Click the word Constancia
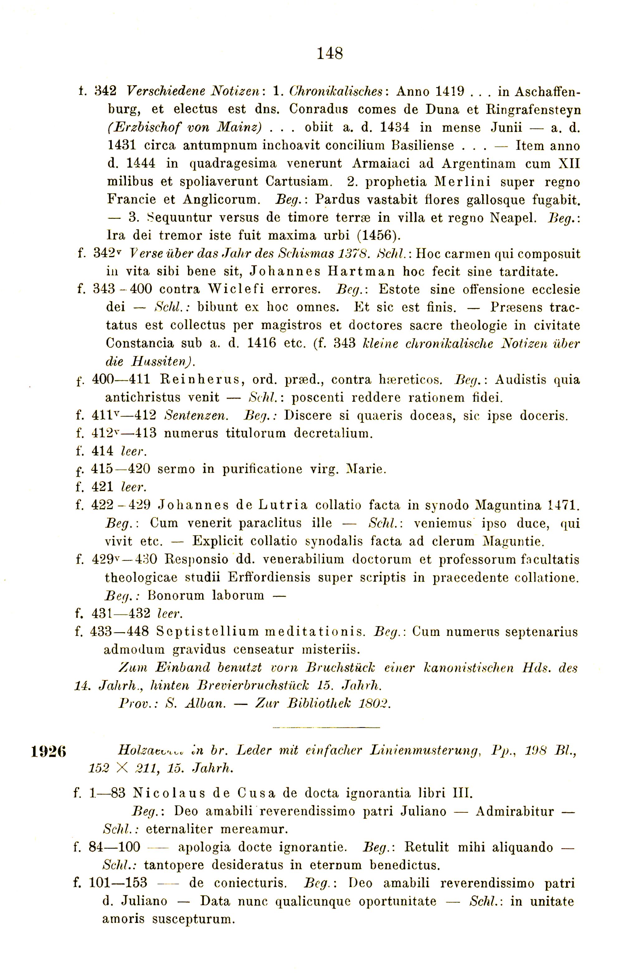pos(140,343)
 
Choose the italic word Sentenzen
pos(197,416)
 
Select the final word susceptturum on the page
pos(194,919)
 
